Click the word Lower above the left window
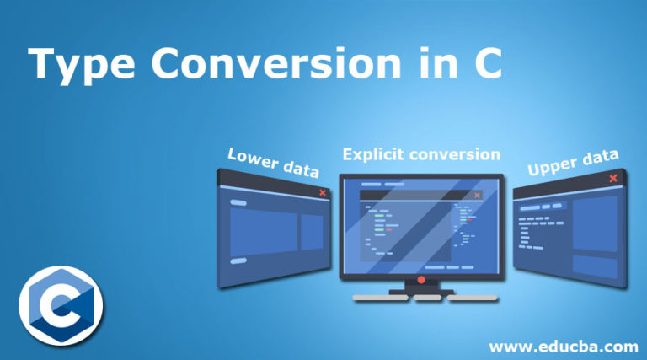(254, 158)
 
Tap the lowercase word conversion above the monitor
(462, 154)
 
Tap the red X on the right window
(612, 178)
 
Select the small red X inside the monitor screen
(477, 195)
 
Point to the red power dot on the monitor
(420, 279)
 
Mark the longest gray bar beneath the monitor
(382, 298)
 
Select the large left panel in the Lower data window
(263, 230)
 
